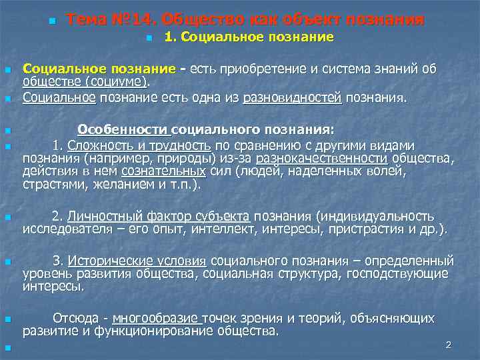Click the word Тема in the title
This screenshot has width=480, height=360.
pos(89,19)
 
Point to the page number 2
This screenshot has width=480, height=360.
pos(449,345)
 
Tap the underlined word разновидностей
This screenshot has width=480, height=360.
pos(293,97)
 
